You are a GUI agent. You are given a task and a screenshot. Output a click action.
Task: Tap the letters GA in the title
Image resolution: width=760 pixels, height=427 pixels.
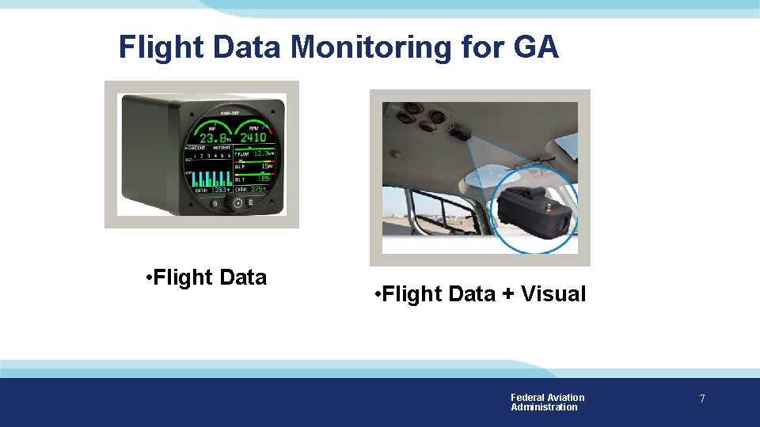coord(537,47)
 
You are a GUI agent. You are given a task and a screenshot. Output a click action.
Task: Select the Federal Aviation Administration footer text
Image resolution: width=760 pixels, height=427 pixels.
coord(547,402)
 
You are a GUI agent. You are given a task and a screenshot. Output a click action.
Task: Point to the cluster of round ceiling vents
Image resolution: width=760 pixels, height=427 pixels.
coord(416,119)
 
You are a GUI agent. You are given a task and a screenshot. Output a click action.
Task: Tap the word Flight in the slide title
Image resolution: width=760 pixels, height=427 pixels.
coord(161,47)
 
